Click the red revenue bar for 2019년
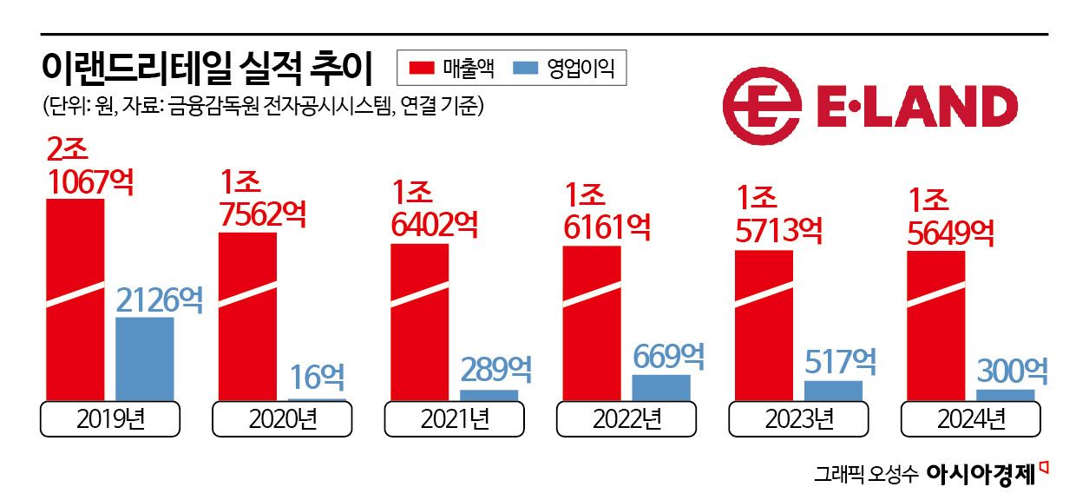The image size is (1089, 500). click(x=75, y=299)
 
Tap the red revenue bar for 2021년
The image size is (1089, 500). click(x=419, y=322)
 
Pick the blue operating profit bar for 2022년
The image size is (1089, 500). click(x=661, y=387)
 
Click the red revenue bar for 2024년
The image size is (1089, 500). click(x=935, y=326)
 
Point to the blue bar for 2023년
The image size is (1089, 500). click(x=833, y=391)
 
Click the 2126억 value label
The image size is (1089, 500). click(x=160, y=299)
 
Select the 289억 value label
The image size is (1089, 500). click(x=495, y=369)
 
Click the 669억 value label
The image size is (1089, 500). click(x=668, y=355)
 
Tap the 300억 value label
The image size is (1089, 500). click(x=1012, y=371)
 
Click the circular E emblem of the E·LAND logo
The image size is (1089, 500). click(x=761, y=106)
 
